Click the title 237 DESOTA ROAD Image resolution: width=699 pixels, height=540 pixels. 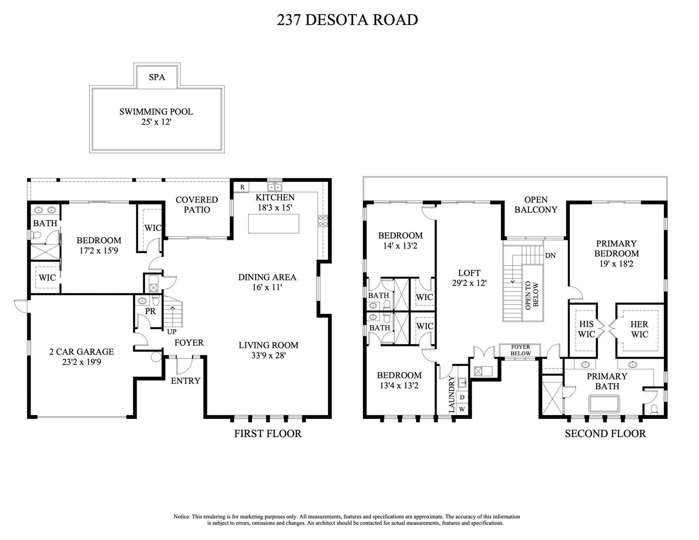pyautogui.click(x=347, y=20)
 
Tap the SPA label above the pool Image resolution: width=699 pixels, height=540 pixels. pyautogui.click(x=157, y=77)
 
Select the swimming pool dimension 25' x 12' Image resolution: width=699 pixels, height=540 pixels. pyautogui.click(x=156, y=122)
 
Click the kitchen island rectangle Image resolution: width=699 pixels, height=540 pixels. pyautogui.click(x=274, y=224)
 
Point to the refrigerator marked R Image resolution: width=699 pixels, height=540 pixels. pyautogui.click(x=242, y=187)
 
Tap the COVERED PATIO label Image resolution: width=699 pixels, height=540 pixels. pyautogui.click(x=197, y=205)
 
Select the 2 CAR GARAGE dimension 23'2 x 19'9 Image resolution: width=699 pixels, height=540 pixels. pyautogui.click(x=82, y=362)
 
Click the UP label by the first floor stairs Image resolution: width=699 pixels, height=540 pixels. pyautogui.click(x=172, y=332)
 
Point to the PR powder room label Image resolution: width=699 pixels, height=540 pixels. pyautogui.click(x=150, y=311)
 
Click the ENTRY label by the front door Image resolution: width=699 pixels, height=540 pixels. pyautogui.click(x=185, y=381)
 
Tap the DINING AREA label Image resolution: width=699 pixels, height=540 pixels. pyautogui.click(x=267, y=277)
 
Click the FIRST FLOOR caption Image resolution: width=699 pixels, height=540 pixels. pyautogui.click(x=268, y=433)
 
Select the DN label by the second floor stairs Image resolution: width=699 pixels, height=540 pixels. pyautogui.click(x=550, y=256)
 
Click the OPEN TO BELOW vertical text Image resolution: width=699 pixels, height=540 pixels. pyautogui.click(x=532, y=295)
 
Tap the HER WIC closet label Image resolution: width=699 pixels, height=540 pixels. pyautogui.click(x=639, y=329)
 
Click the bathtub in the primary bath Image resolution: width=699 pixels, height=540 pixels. pyautogui.click(x=604, y=404)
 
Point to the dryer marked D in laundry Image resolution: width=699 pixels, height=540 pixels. pyautogui.click(x=462, y=397)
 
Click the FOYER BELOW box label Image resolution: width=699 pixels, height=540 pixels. pyautogui.click(x=520, y=350)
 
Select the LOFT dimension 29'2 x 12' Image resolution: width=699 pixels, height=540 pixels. pyautogui.click(x=469, y=283)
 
